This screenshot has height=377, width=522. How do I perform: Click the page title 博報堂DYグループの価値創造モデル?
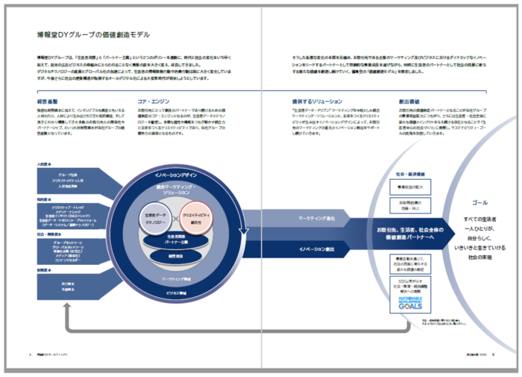pos(92,34)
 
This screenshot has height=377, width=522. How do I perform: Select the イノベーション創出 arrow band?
pos(315,248)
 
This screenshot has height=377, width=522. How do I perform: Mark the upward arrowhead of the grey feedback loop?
pos(68,311)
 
